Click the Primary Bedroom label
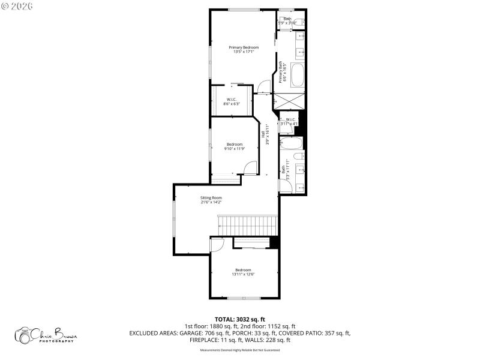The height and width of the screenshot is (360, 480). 244,49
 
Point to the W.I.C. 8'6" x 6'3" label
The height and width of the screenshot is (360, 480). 231,101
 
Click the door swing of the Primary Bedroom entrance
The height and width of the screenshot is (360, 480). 263,87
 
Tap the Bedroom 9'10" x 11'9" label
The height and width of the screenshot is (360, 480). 234,146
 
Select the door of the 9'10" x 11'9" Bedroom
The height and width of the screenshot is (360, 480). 250,168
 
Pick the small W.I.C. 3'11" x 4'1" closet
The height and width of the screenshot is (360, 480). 289,122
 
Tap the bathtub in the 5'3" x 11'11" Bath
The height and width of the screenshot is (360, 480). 291,143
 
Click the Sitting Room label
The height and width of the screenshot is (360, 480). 211,200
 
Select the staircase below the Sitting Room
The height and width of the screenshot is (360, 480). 248,226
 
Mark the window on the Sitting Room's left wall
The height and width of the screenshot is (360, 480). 174,220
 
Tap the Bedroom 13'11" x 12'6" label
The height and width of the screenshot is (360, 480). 243,272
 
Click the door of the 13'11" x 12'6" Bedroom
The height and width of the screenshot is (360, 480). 217,244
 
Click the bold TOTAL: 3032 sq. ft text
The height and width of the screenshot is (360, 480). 239,319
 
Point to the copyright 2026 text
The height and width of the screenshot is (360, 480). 17,5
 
